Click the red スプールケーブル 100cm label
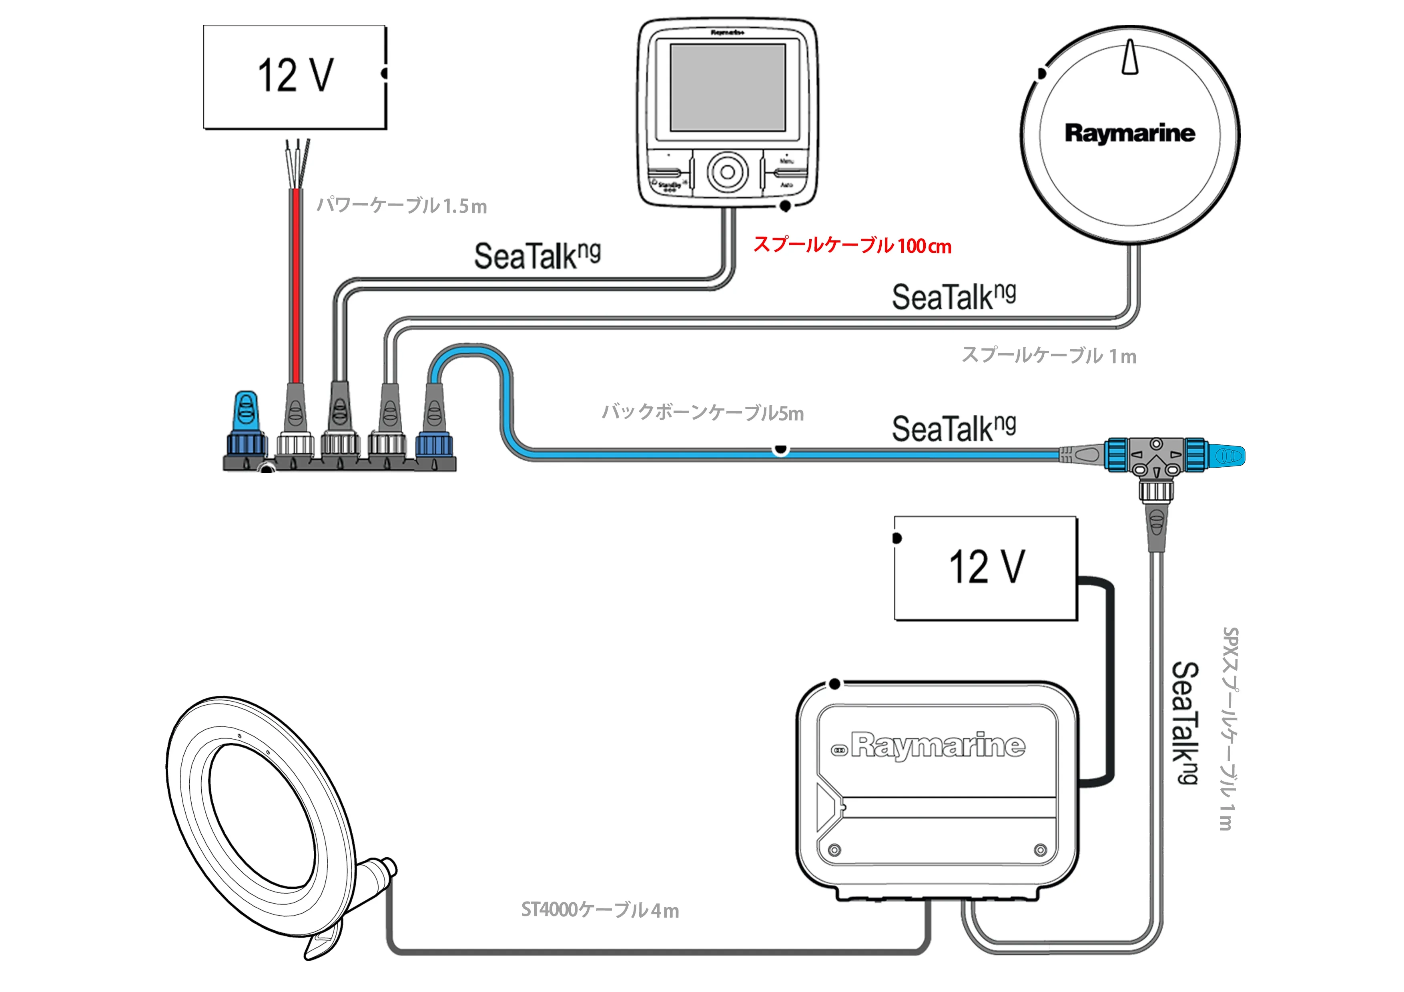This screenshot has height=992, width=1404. (x=852, y=246)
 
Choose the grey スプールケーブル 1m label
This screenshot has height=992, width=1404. (x=1049, y=355)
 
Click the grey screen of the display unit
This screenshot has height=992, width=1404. (x=728, y=88)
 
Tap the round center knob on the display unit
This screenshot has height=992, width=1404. (x=728, y=172)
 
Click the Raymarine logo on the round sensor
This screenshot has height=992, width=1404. (x=1129, y=133)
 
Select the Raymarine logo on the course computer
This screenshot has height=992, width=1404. (x=937, y=745)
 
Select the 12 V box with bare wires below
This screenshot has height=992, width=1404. (x=294, y=76)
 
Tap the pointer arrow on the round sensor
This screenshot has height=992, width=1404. (x=1130, y=58)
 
